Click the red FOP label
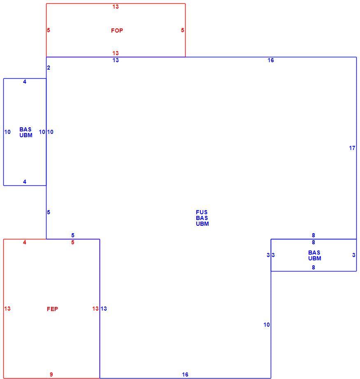[117, 30]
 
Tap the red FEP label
[52, 309]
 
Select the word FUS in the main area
[202, 212]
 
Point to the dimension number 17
[352, 148]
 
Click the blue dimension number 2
[49, 68]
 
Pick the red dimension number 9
[51, 374]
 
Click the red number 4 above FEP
[25, 242]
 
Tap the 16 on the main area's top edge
[271, 60]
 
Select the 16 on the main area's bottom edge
[185, 374]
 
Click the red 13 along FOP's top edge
[116, 7]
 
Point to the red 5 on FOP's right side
[183, 30]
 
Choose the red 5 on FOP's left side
[49, 30]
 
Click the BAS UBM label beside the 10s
[26, 132]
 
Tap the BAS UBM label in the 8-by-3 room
[315, 255]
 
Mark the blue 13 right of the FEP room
[104, 309]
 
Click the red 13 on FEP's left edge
[7, 309]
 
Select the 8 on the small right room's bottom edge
[314, 267]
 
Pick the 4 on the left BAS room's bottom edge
[25, 182]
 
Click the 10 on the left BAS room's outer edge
[7, 132]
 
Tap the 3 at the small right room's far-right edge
[354, 255]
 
